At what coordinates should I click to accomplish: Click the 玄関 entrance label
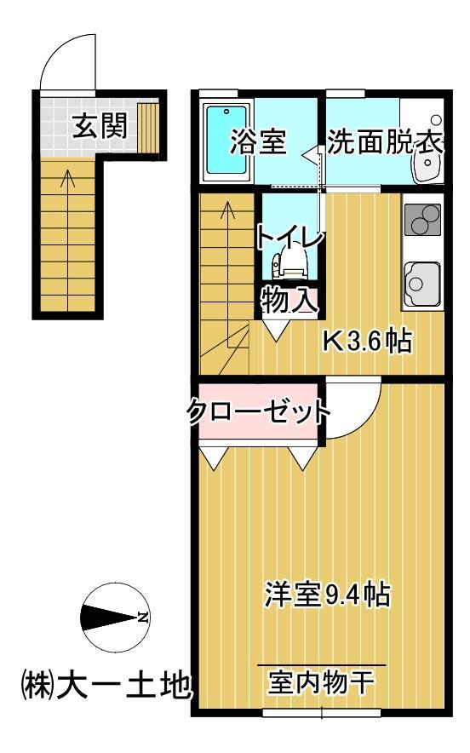pyautogui.click(x=99, y=128)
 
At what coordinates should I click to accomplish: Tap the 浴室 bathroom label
pyautogui.click(x=256, y=142)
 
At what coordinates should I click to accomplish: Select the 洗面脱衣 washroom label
pyautogui.click(x=385, y=142)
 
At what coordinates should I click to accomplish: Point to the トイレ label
pyautogui.click(x=290, y=236)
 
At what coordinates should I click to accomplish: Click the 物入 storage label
pyautogui.click(x=289, y=299)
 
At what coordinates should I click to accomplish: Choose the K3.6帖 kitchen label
pyautogui.click(x=366, y=342)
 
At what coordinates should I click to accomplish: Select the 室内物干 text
pyautogui.click(x=321, y=681)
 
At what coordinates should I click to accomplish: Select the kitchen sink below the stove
pyautogui.click(x=421, y=279)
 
